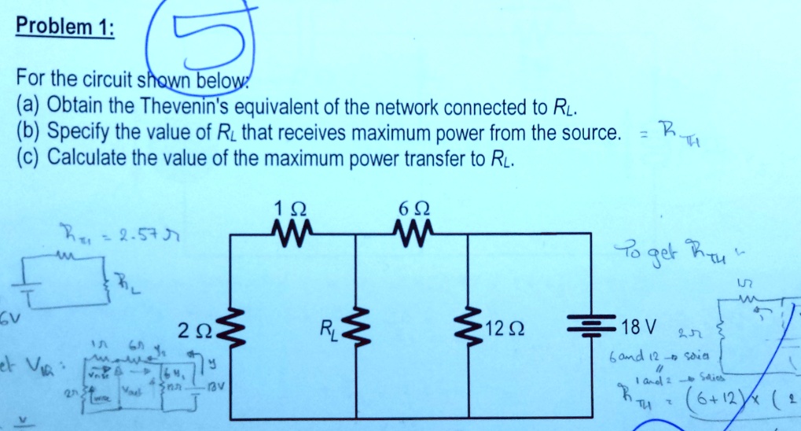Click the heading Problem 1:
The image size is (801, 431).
[65, 27]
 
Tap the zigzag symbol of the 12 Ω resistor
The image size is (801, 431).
[470, 326]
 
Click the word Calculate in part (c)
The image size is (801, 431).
[84, 158]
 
